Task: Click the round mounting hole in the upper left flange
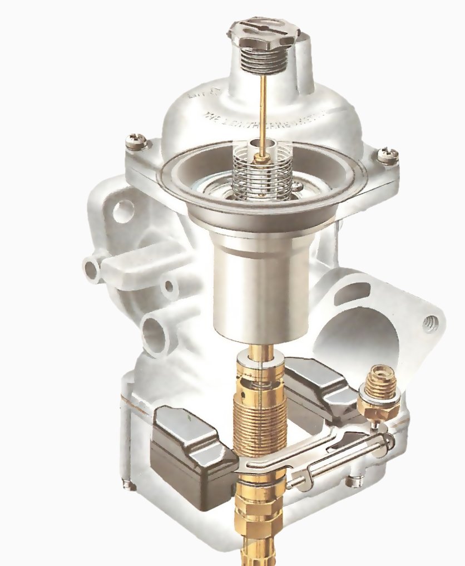(x=123, y=211)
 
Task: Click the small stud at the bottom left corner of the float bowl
(x=130, y=485)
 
